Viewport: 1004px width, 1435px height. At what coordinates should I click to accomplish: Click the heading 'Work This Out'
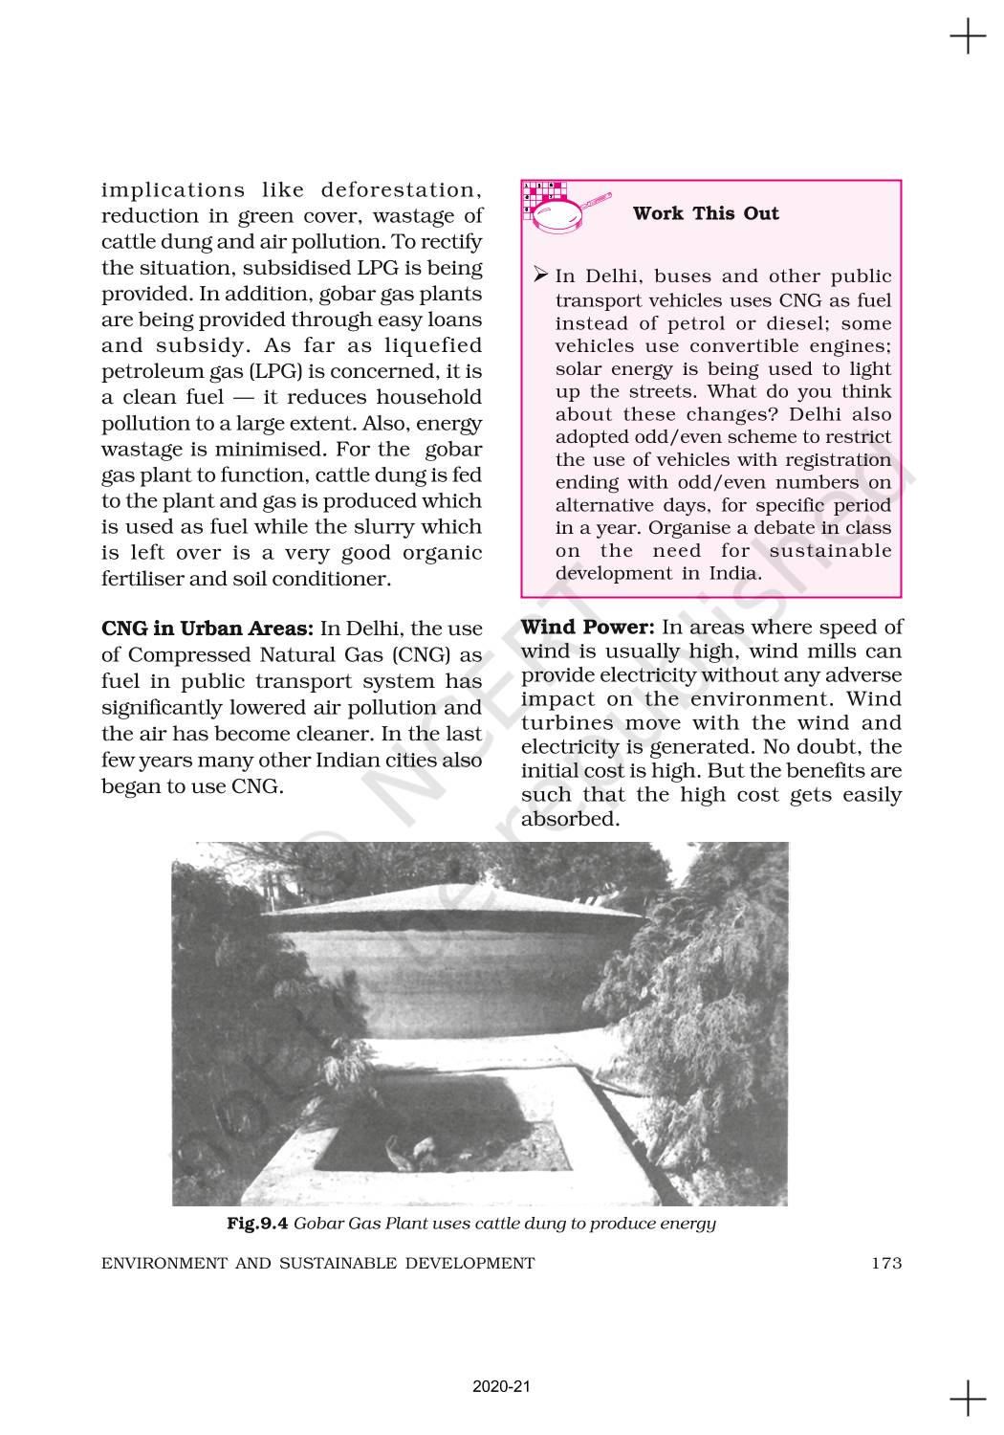click(706, 213)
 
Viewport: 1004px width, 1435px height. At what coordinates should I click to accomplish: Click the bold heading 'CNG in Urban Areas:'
click(207, 629)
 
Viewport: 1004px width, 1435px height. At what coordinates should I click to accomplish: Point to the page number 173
click(886, 1263)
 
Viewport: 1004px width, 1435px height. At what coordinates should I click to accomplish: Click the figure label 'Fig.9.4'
click(257, 1224)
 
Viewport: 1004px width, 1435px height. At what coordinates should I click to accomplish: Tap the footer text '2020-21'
click(501, 1386)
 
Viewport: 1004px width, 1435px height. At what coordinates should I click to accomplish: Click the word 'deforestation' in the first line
click(401, 189)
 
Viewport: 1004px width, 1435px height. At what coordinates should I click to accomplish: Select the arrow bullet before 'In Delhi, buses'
click(539, 276)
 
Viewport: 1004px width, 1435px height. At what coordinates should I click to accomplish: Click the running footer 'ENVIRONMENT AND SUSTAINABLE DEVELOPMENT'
click(317, 1263)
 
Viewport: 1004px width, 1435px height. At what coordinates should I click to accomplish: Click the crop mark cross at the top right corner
click(968, 38)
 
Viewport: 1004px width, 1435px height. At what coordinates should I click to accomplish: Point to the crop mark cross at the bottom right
click(968, 1399)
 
